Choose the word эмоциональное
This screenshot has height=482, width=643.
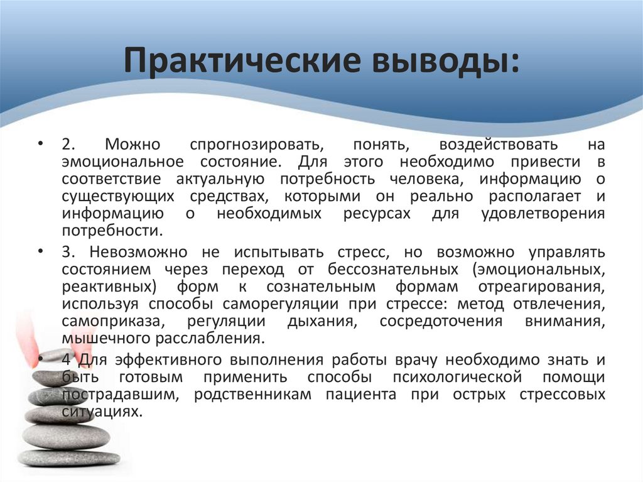pyautogui.click(x=122, y=161)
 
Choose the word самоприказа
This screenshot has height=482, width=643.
pyautogui.click(x=109, y=321)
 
